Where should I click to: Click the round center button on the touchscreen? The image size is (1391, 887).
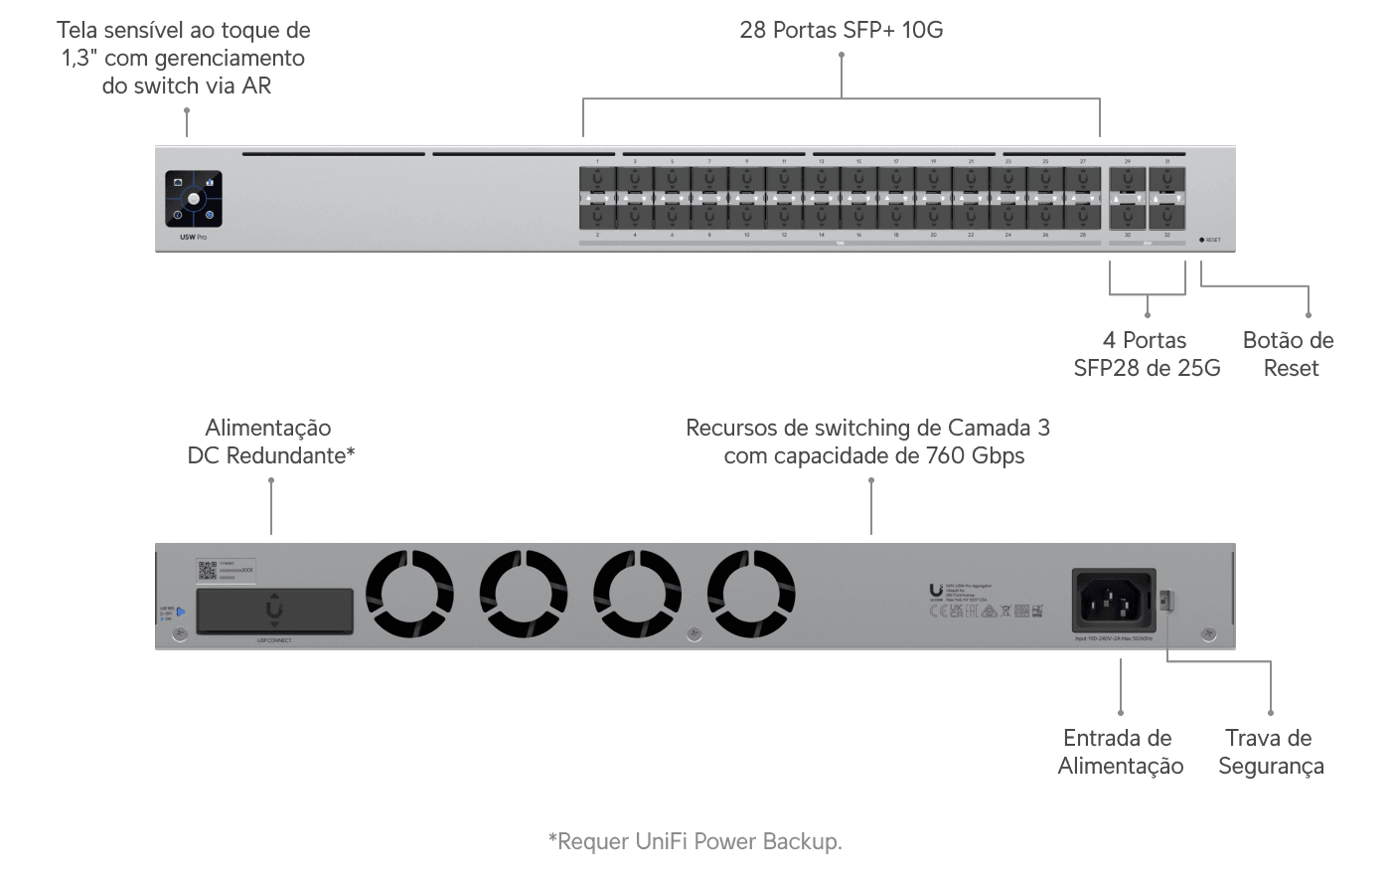click(x=194, y=198)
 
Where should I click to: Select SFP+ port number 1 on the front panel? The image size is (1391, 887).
click(x=598, y=180)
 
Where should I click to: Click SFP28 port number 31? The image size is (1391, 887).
click(x=1166, y=180)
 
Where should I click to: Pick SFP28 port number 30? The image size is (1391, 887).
click(x=1128, y=216)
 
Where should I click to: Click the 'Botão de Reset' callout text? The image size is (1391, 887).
click(x=1289, y=354)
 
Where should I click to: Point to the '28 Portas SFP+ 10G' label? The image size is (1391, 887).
click(x=842, y=30)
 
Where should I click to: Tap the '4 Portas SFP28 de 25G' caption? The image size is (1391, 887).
click(x=1147, y=354)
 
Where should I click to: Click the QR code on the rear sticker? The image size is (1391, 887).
click(x=207, y=571)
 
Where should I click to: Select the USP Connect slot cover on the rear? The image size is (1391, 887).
click(x=274, y=611)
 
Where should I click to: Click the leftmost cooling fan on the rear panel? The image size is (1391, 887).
click(x=410, y=595)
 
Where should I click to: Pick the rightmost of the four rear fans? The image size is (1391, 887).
click(x=751, y=595)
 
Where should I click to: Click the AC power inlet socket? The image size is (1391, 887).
click(x=1113, y=600)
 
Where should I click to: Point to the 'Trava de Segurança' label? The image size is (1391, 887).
click(x=1271, y=752)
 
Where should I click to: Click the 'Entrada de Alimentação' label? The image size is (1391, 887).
click(x=1120, y=752)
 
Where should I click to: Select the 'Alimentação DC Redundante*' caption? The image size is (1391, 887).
click(x=271, y=442)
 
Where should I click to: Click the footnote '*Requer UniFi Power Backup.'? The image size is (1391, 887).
click(x=695, y=841)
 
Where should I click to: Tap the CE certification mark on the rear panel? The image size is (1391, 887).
click(x=936, y=611)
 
